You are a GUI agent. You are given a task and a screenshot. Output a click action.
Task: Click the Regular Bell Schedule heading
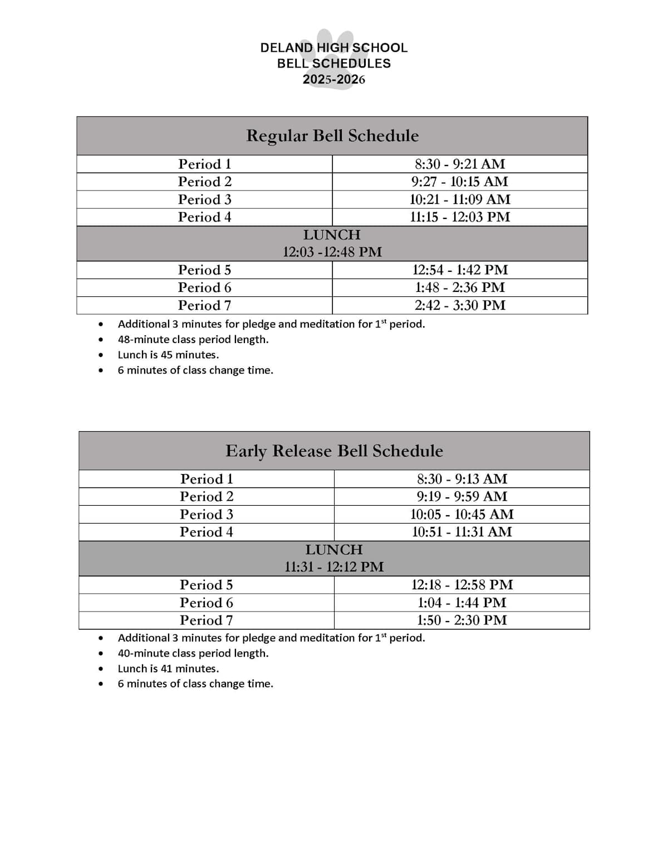pyautogui.click(x=332, y=136)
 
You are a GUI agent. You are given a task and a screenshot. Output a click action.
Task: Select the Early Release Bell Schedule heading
pyautogui.click(x=334, y=451)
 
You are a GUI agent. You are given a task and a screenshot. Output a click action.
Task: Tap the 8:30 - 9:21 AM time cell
pyautogui.click(x=460, y=164)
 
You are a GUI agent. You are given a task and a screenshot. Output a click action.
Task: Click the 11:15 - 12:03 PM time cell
pyautogui.click(x=460, y=217)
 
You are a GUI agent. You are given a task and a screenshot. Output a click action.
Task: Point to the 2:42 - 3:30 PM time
pyautogui.click(x=460, y=305)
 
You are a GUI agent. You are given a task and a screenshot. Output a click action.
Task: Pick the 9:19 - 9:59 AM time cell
pyautogui.click(x=462, y=496)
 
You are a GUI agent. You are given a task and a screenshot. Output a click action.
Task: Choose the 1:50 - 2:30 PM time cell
pyautogui.click(x=462, y=620)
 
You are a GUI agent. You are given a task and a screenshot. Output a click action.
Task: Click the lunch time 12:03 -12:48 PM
pyautogui.click(x=332, y=252)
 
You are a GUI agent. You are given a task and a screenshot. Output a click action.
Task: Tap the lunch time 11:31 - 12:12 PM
pyautogui.click(x=334, y=566)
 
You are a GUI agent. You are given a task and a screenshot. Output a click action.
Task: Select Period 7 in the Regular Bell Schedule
pyautogui.click(x=204, y=305)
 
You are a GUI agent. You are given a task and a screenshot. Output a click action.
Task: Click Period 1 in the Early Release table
pyautogui.click(x=207, y=479)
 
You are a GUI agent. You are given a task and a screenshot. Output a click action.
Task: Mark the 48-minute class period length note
pyautogui.click(x=193, y=339)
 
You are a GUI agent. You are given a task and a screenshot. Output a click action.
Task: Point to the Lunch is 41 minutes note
pyautogui.click(x=168, y=668)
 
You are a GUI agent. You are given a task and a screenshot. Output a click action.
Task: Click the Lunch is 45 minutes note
pyautogui.click(x=168, y=355)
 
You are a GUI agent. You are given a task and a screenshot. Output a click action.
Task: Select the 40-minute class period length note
pyautogui.click(x=193, y=653)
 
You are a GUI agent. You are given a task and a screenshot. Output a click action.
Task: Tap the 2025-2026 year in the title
pyautogui.click(x=334, y=79)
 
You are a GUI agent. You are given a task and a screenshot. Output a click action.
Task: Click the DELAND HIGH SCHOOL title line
pyautogui.click(x=334, y=48)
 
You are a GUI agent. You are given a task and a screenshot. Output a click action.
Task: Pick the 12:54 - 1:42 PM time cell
pyautogui.click(x=460, y=270)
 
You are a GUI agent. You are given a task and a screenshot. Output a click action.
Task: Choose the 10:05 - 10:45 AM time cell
pyautogui.click(x=462, y=514)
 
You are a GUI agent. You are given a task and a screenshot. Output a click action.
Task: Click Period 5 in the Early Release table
pyautogui.click(x=207, y=585)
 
